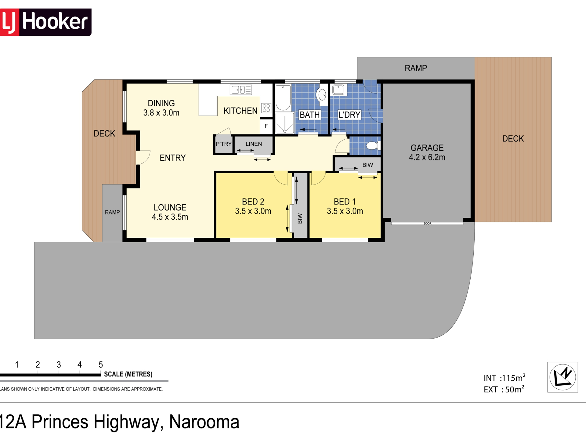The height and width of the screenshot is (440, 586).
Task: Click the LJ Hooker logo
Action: [45, 22]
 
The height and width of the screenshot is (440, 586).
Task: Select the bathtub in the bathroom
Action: [283, 97]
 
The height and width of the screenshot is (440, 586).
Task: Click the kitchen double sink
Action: [241, 90]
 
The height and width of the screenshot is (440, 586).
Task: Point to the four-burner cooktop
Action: [266, 108]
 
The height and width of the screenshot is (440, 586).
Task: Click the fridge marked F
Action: [266, 126]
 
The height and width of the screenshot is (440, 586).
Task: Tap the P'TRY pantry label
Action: [224, 144]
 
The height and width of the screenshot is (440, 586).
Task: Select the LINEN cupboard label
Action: [254, 144]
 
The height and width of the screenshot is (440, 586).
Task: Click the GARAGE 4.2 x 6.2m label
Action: [427, 152]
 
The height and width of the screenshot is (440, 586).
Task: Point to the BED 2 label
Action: [253, 202]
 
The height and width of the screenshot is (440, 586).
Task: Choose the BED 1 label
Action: [345, 202]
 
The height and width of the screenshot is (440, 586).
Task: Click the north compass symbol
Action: [562, 377]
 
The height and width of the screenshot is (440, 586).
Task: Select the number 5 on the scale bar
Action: [101, 365]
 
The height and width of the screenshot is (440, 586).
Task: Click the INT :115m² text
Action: [505, 378]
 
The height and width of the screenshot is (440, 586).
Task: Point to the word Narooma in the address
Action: [204, 422]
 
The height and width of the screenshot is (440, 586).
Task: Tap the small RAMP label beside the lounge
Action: [112, 212]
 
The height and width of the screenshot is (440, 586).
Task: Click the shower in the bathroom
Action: [284, 123]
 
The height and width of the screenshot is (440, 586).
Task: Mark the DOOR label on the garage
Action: [428, 224]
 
